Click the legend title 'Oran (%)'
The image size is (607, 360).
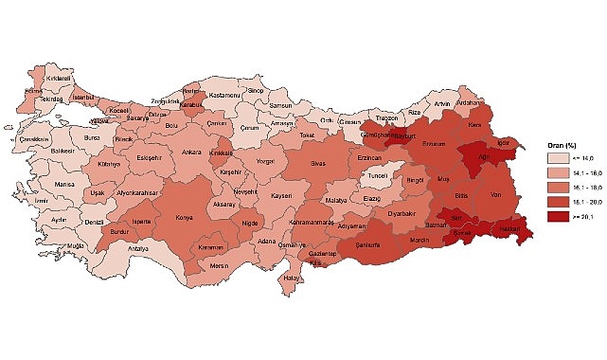click(562, 145)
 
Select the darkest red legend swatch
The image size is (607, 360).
click(558, 216)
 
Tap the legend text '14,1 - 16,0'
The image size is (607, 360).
click(587, 173)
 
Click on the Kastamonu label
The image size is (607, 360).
click(225, 96)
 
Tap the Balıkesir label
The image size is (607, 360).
click(63, 149)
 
